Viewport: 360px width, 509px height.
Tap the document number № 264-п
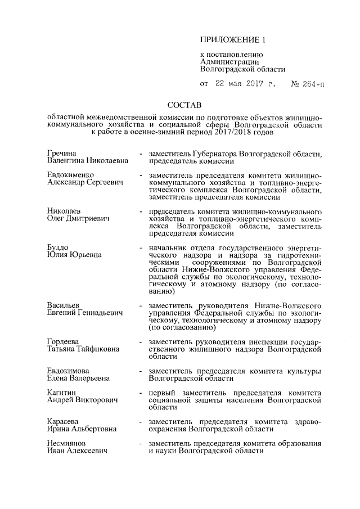[307, 85]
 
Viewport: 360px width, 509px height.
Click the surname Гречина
[62, 153]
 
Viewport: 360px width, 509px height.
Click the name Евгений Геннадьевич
[84, 312]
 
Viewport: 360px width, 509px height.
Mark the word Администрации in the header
[229, 62]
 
